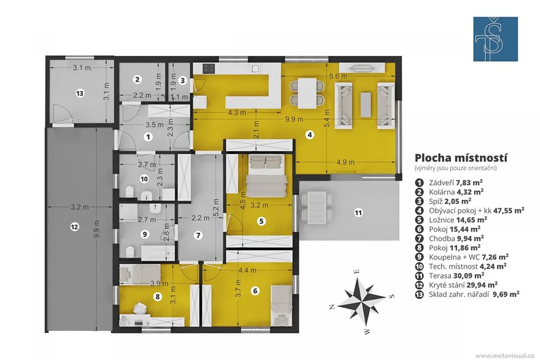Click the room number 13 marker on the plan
(80, 93)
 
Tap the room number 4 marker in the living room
(310, 134)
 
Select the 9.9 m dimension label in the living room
(294, 119)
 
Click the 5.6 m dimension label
(338, 76)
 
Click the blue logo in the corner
(496, 39)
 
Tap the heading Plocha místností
(461, 158)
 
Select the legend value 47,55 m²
(509, 210)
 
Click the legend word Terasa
(438, 275)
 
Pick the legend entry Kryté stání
(446, 285)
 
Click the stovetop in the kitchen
(209, 69)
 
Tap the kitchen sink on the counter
(255, 69)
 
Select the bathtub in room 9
(158, 253)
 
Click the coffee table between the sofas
(365, 105)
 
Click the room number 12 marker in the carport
(74, 227)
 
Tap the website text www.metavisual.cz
(505, 355)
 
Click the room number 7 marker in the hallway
(198, 236)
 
